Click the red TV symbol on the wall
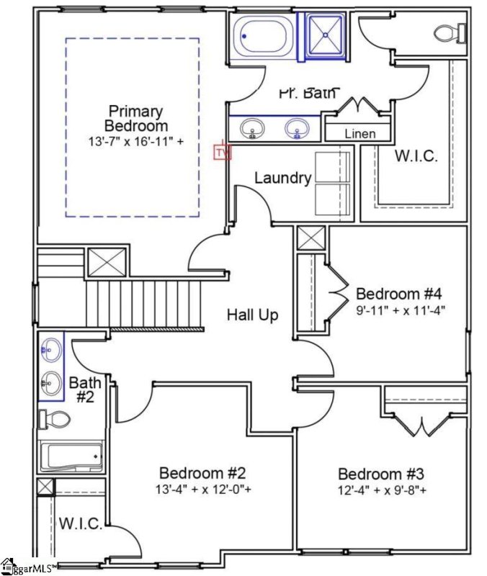point(221,152)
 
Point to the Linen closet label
point(359,134)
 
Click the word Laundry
point(282,178)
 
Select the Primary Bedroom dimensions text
point(135,142)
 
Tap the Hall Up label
point(252,315)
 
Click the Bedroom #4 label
point(398,294)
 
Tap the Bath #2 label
point(81,389)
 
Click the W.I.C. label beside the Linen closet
point(415,156)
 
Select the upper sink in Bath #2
point(50,351)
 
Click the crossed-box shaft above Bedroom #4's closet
point(311,238)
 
